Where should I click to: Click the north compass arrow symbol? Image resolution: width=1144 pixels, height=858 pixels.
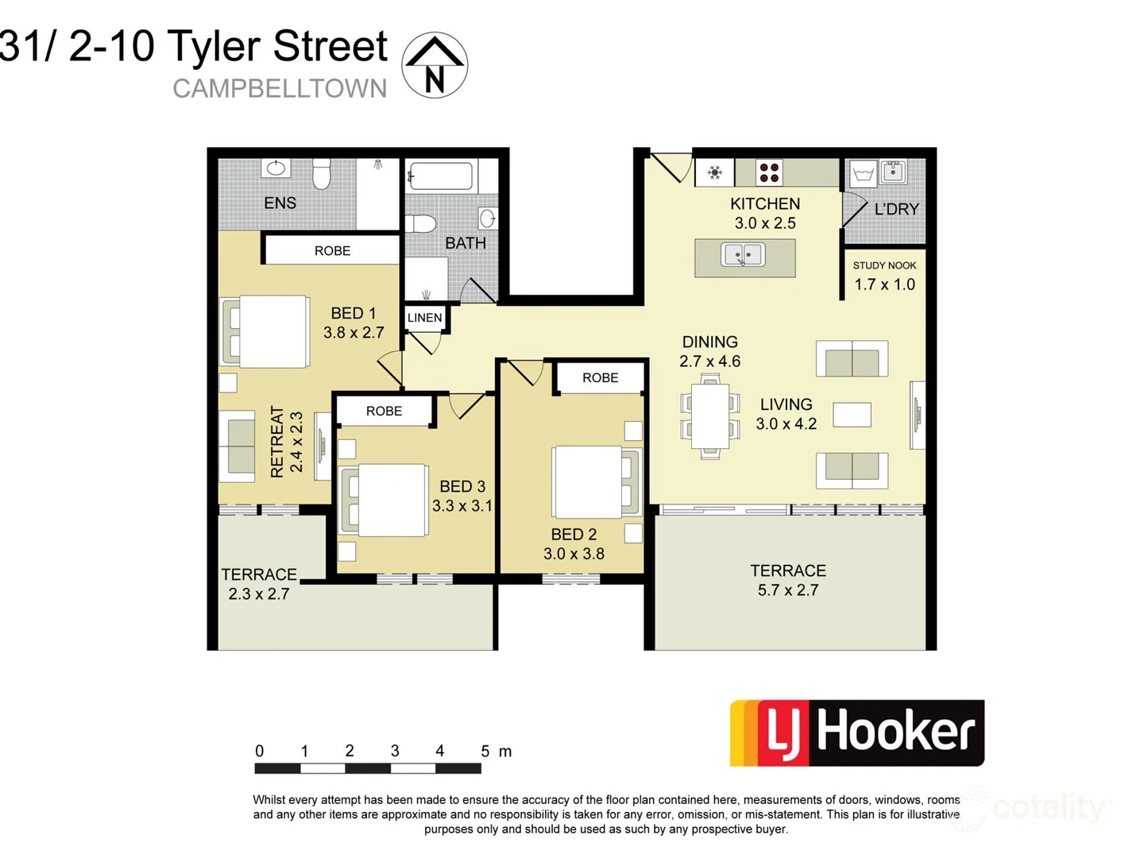point(435,65)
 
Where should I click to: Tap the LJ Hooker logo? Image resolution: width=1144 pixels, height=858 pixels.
point(856,732)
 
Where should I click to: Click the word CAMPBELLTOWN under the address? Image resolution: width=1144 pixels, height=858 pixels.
point(280,88)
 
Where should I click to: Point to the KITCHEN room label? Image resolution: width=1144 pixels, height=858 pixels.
point(764,204)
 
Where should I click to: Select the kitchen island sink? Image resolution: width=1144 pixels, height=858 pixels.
point(743,255)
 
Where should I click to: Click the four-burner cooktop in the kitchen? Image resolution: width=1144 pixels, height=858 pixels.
point(768,172)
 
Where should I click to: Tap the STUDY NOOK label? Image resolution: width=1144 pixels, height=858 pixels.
point(884,265)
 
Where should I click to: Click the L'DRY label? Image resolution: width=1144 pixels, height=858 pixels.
point(896,209)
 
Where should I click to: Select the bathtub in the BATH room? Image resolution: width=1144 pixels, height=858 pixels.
point(440,176)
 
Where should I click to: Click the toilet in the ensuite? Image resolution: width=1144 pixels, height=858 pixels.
point(321,174)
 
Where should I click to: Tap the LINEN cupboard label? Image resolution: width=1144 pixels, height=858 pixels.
point(424,318)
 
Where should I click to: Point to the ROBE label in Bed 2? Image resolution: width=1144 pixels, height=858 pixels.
point(600,378)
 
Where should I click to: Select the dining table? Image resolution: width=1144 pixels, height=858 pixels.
point(709,415)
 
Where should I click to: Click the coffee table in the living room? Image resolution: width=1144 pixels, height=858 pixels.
point(852,415)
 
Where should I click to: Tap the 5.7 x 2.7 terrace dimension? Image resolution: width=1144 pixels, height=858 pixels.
point(787,590)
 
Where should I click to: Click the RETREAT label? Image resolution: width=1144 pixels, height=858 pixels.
point(277,442)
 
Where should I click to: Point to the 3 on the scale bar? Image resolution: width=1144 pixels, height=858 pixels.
point(395,751)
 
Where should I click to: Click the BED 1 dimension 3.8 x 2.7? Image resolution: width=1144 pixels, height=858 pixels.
point(354,333)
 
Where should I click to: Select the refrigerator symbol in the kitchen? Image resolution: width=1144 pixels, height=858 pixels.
point(714,172)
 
